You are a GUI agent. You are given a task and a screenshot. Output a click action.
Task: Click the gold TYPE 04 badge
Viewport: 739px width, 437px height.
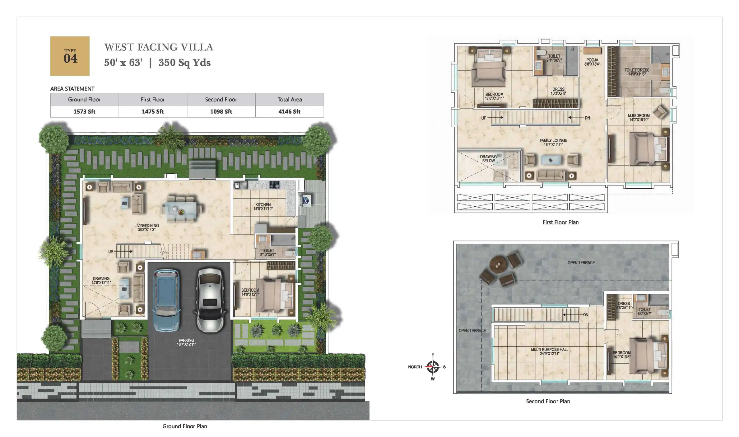70,56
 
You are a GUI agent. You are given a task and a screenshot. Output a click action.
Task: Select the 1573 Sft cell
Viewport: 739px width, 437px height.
84,111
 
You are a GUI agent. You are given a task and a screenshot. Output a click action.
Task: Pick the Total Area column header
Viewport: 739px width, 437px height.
289,100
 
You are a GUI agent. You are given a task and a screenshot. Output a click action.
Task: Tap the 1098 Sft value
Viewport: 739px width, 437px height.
221,111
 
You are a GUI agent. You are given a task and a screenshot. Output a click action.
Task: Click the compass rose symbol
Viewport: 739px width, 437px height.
433,367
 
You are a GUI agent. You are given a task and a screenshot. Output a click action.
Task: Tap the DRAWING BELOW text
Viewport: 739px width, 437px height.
488,159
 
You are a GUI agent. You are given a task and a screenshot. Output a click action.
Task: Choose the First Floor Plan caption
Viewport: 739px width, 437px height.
560,222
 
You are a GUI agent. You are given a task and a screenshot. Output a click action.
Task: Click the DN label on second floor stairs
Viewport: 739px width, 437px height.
586,315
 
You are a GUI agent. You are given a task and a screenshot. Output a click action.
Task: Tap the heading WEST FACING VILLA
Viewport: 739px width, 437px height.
159,47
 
